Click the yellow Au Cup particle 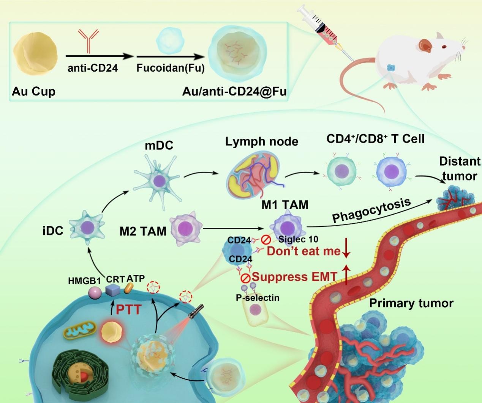tap(35, 53)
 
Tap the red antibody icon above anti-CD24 tap(88, 41)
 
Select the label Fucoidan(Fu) tap(171, 68)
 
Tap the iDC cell tap(87, 227)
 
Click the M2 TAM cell tap(186, 229)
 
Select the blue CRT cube tap(113, 290)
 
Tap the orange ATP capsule tap(129, 288)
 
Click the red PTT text tap(128, 309)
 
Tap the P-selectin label tap(258, 298)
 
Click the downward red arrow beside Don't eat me tap(346, 248)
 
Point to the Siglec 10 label tap(298, 239)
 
